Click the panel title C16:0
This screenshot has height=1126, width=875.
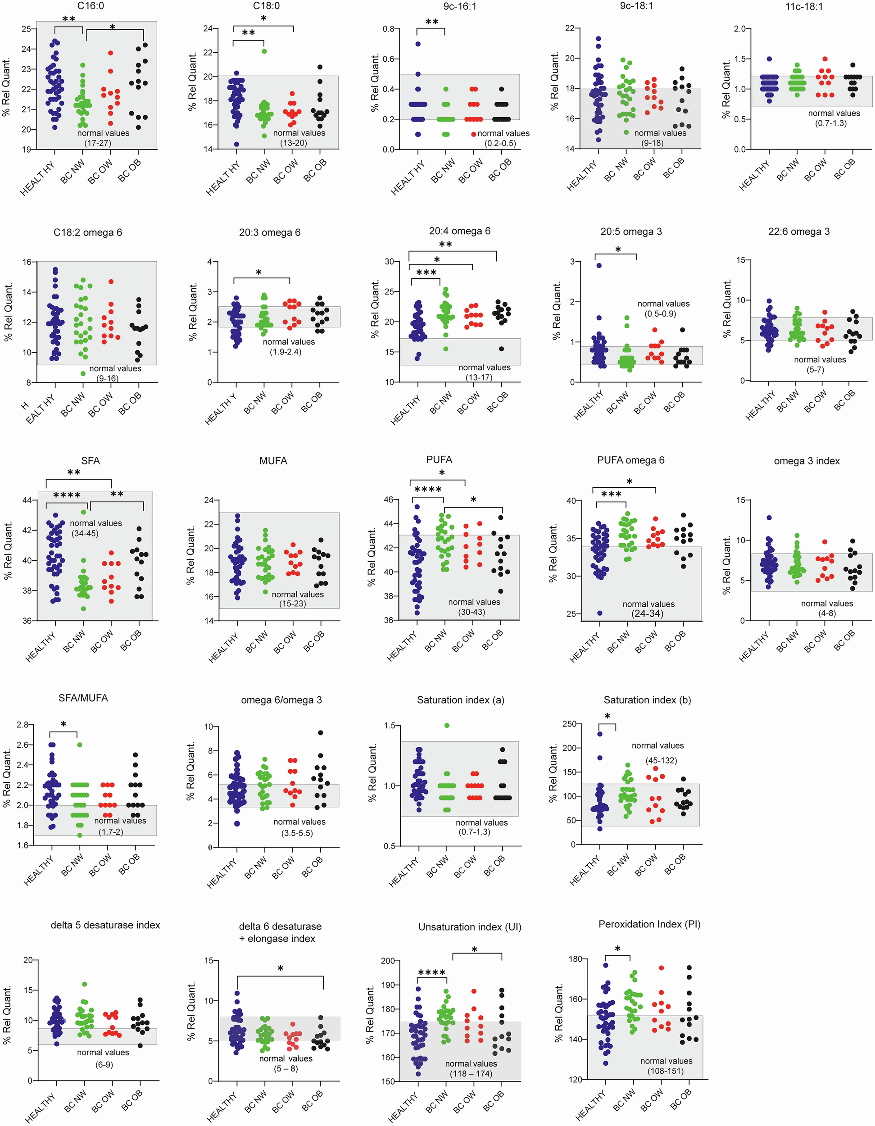(91, 6)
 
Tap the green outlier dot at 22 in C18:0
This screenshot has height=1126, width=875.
(264, 51)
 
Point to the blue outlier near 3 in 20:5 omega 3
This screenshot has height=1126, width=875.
(599, 266)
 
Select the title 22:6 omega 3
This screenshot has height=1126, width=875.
(799, 232)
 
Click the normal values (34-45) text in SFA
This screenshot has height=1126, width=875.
(95, 528)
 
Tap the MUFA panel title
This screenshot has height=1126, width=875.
(273, 460)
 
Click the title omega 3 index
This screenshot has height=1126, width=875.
(807, 461)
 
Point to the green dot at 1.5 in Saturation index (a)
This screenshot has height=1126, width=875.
(447, 726)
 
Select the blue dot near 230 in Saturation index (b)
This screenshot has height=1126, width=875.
(600, 734)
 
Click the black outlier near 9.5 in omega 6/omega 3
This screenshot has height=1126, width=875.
(321, 733)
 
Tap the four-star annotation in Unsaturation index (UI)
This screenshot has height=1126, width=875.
(431, 973)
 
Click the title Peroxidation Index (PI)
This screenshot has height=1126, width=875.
(649, 924)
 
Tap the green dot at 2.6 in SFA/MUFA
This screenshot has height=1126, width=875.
(79, 745)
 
